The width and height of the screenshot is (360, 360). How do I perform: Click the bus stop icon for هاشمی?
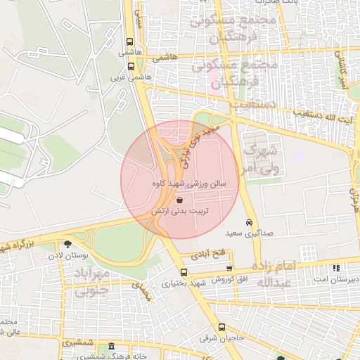[130, 41]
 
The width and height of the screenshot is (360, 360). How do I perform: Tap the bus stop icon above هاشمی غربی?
[130, 67]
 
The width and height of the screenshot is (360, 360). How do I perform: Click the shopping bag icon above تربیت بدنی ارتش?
[172, 200]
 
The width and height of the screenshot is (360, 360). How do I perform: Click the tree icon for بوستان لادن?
[67, 245]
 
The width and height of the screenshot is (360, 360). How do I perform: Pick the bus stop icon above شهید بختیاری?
[184, 272]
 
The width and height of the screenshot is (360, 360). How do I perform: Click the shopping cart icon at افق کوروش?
[230, 269]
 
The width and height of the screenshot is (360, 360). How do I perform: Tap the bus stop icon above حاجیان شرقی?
[221, 327]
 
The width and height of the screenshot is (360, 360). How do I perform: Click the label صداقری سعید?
[263, 233]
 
